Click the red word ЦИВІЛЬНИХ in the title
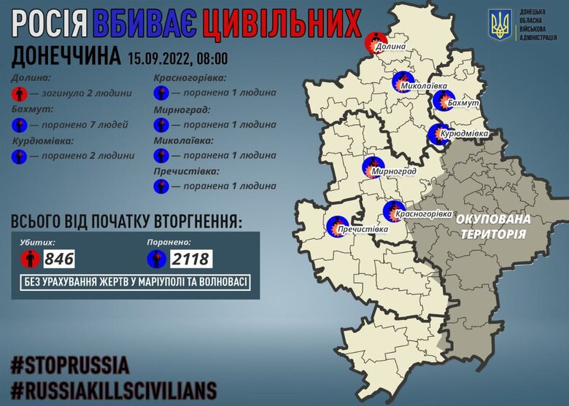pos(281,23)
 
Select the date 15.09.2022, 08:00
pos(177,58)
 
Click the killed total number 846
pos(60,258)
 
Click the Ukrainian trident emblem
pos(500,26)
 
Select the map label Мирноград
pos(394,171)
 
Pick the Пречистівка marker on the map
pos(336,226)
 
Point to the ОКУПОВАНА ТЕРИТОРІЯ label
pos(493,226)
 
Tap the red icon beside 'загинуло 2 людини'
pos(20,93)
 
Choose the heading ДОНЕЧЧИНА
pos(66,57)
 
